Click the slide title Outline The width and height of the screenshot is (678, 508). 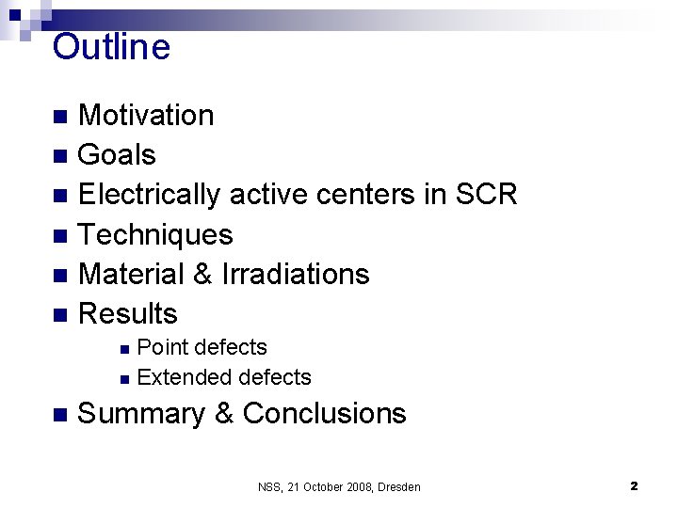(111, 47)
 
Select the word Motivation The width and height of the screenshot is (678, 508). (146, 116)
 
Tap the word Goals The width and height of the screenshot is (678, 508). (117, 155)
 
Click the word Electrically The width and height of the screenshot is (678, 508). (150, 195)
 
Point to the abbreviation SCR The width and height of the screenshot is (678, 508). (486, 195)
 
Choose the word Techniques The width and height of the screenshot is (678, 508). (155, 235)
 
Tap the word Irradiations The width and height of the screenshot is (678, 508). (296, 275)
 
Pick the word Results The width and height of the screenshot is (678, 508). (128, 314)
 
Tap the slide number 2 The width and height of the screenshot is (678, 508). (634, 486)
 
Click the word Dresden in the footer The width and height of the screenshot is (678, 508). (395, 487)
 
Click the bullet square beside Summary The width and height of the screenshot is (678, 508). (60, 415)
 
